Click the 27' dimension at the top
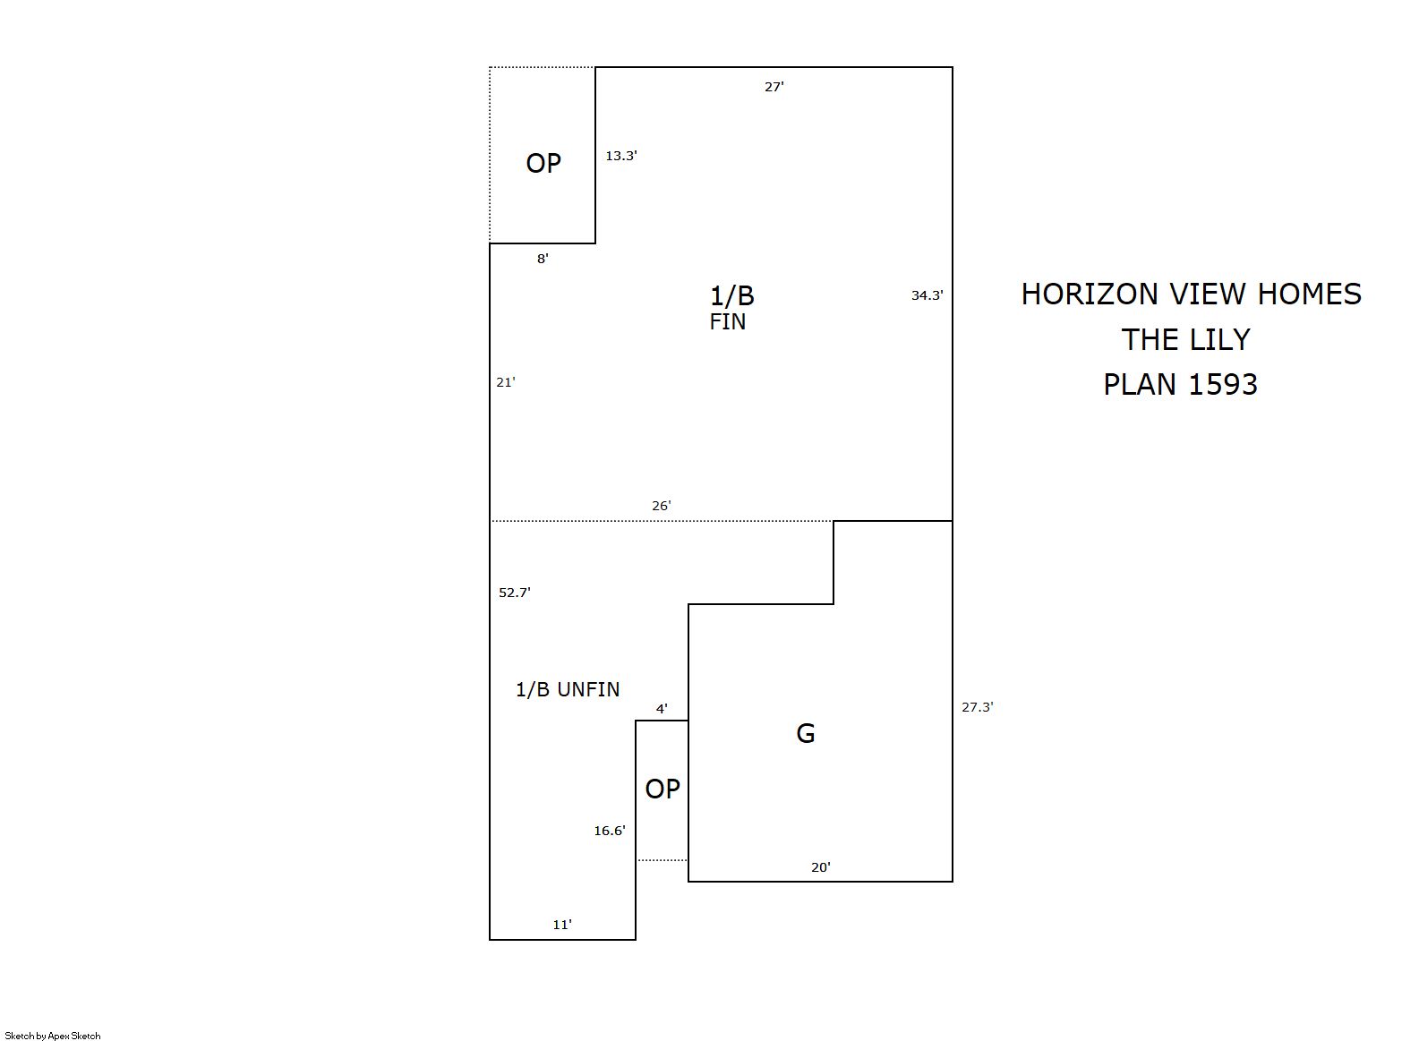coord(774,87)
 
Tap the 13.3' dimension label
coord(620,156)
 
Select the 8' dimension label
coord(543,259)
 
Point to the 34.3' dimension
coord(927,295)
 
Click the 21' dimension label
coord(506,382)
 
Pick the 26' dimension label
coord(662,506)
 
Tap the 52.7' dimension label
coord(515,593)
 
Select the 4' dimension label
coord(662,709)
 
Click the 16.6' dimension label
coord(610,831)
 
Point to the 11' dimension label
coord(562,926)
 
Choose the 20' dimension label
coord(820,867)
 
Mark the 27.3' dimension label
coord(978,707)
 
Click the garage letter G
coord(805,734)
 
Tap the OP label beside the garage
coord(662,789)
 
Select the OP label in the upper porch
coord(543,164)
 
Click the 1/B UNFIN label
coord(568,689)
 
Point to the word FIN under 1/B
coord(727,321)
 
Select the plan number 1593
coord(1223,385)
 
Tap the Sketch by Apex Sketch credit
coord(53,1036)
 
